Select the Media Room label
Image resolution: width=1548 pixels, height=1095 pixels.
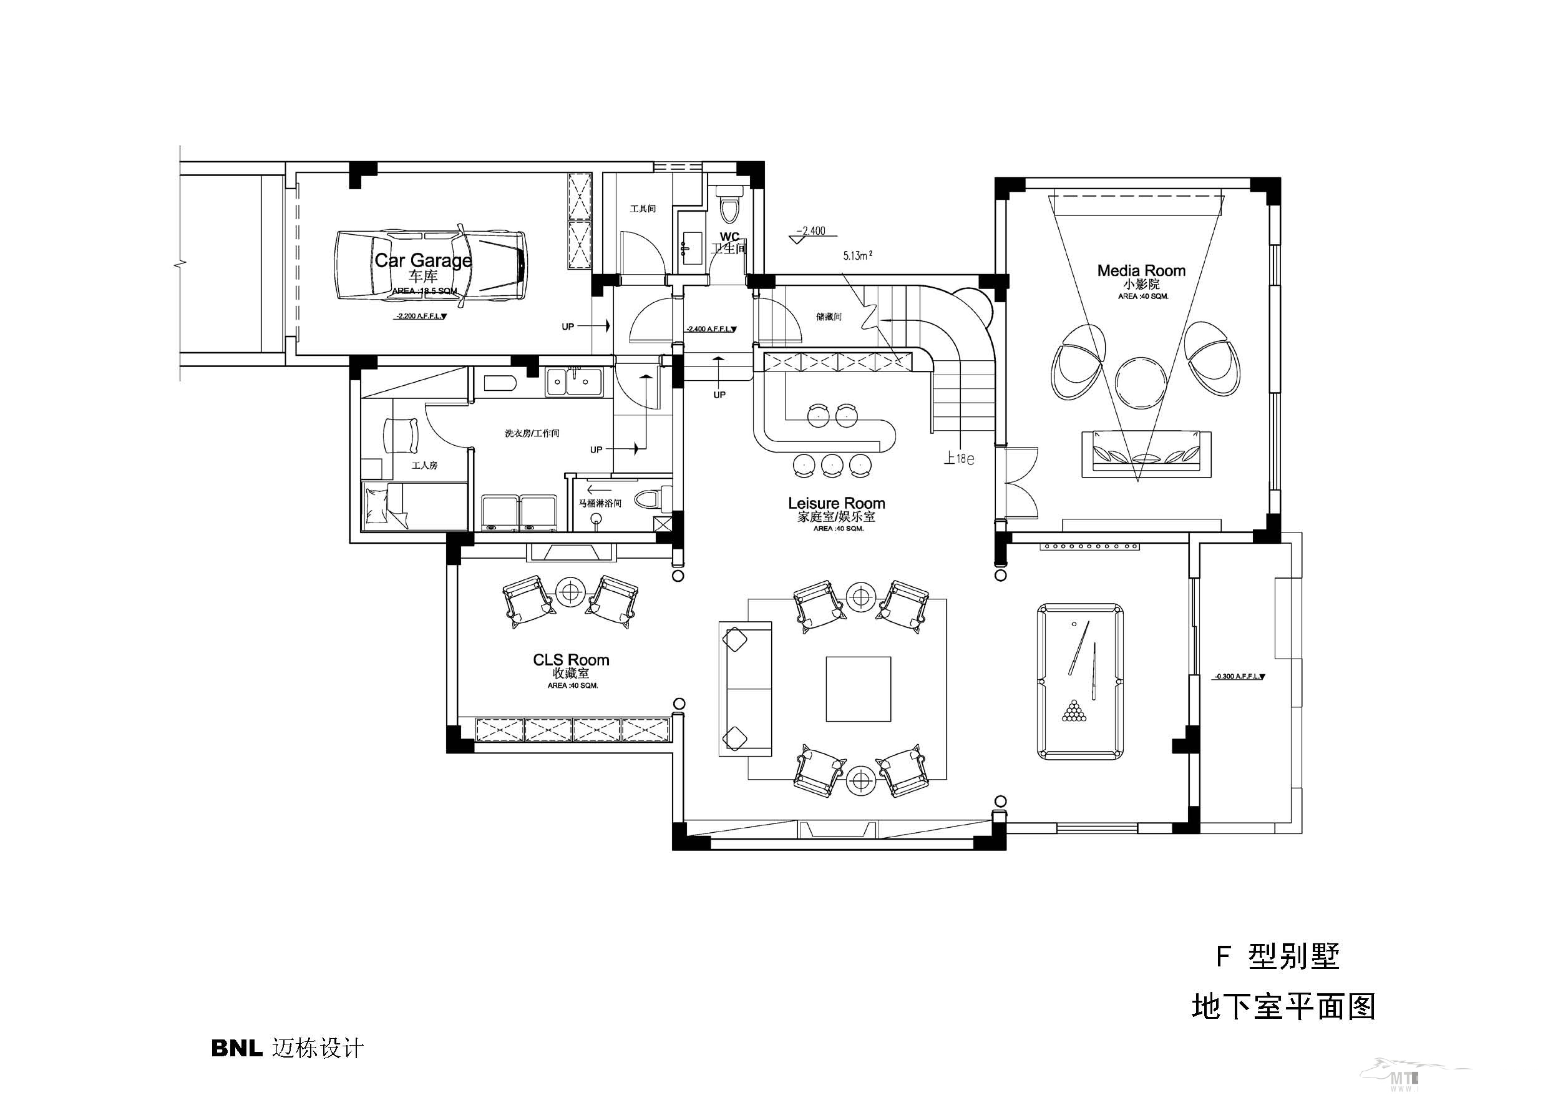point(1141,270)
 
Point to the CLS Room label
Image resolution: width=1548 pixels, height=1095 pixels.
point(571,660)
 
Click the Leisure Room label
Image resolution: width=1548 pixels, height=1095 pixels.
point(836,503)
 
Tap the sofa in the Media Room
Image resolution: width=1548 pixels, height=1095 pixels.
point(1146,454)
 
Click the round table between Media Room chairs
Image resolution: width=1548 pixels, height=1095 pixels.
point(1141,382)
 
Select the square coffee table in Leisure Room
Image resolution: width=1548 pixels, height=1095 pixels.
point(859,689)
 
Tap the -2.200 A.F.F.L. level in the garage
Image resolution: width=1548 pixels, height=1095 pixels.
point(420,316)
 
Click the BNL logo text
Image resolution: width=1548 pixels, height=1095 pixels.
point(236,1048)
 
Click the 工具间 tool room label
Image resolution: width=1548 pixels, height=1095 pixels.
point(643,209)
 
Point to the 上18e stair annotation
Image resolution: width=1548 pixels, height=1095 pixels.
point(958,459)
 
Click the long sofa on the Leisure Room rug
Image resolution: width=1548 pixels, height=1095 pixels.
point(745,688)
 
